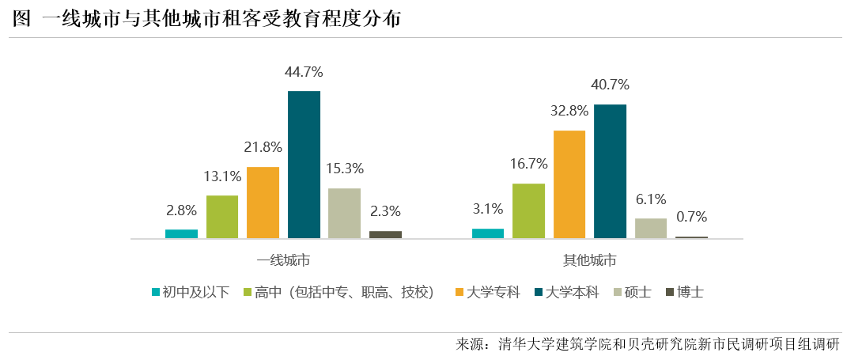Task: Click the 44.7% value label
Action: point(304,73)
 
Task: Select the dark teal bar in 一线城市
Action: point(304,165)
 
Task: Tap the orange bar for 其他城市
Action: point(569,184)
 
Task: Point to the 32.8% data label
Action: point(569,111)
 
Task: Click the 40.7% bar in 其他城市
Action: point(610,171)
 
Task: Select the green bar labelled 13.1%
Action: point(222,216)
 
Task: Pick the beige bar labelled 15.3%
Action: point(344,213)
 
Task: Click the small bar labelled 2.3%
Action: point(385,234)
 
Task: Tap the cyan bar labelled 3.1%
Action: point(488,233)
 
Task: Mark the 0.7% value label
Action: point(691,217)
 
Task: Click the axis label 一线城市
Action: point(283,260)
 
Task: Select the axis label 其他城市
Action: point(589,260)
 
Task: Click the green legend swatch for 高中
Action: point(247,292)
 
